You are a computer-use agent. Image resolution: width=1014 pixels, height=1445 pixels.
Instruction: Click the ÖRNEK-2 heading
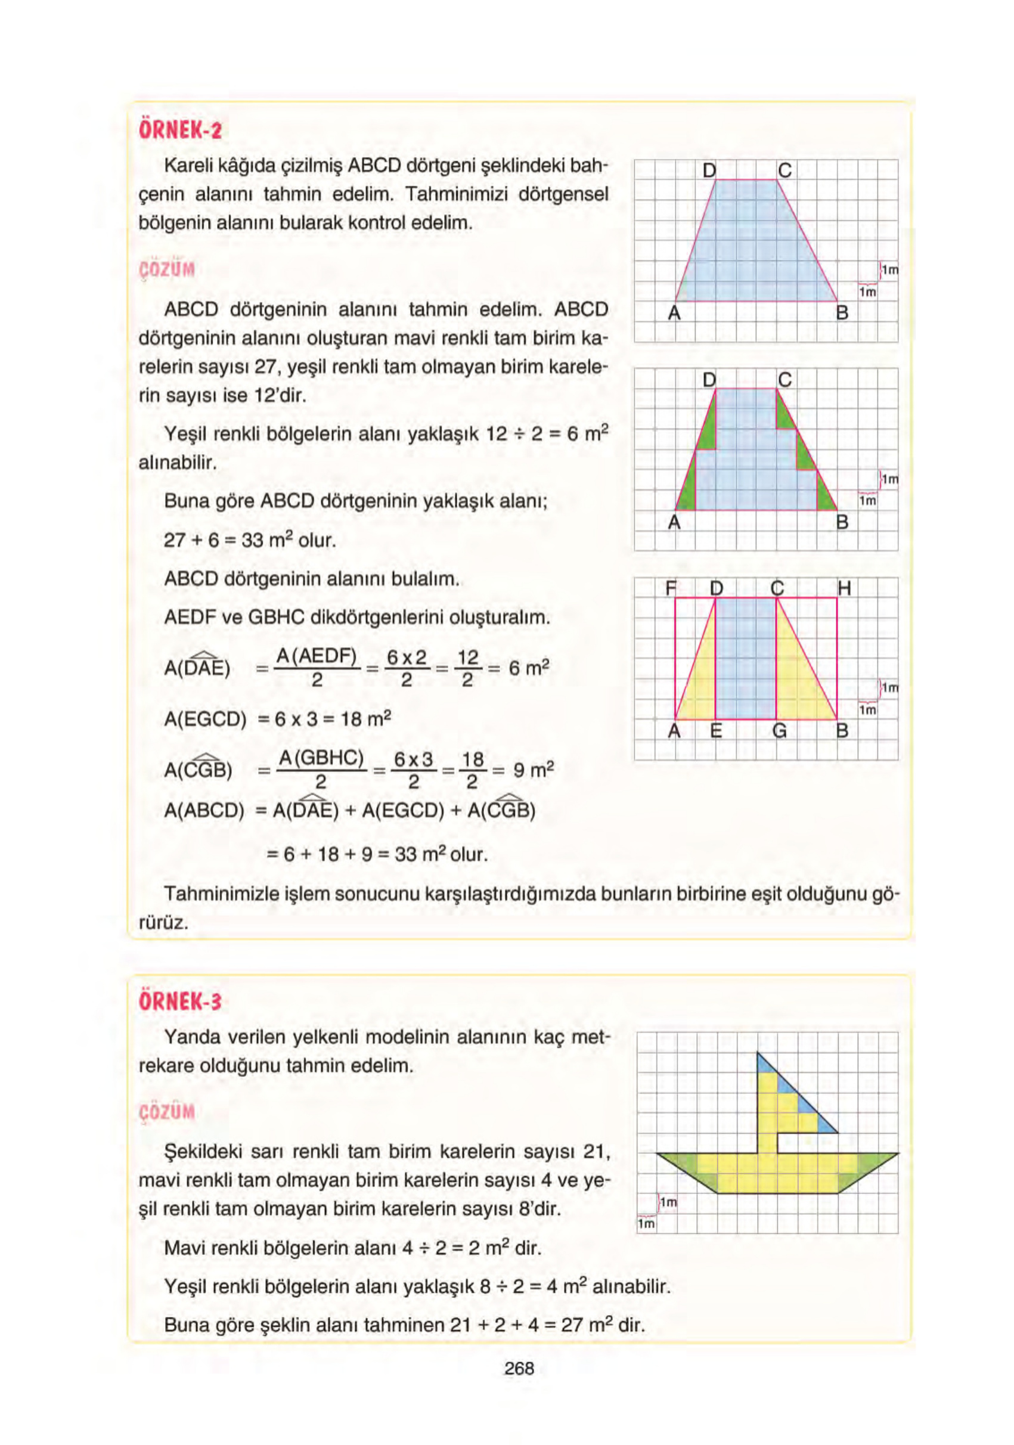tap(180, 131)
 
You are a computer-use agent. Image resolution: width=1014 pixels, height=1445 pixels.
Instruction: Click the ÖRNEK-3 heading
tap(180, 1001)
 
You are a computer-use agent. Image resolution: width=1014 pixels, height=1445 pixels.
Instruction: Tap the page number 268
tap(519, 1368)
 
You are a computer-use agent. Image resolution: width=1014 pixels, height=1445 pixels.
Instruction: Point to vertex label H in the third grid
tap(844, 588)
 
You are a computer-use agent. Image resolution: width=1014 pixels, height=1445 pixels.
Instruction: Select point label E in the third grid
tap(716, 731)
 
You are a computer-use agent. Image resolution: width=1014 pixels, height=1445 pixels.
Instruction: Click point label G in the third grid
tap(779, 731)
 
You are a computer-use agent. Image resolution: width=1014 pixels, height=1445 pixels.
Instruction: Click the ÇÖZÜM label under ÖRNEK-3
tap(167, 1112)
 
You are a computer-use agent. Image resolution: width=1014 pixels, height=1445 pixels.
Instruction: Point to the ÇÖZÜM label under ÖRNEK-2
tap(167, 269)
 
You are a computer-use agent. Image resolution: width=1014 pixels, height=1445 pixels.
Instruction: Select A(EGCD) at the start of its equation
tap(205, 719)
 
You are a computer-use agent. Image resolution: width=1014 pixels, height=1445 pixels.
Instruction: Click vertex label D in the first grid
tap(709, 170)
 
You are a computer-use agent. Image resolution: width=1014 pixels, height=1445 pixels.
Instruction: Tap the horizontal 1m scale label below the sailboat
tap(646, 1224)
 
